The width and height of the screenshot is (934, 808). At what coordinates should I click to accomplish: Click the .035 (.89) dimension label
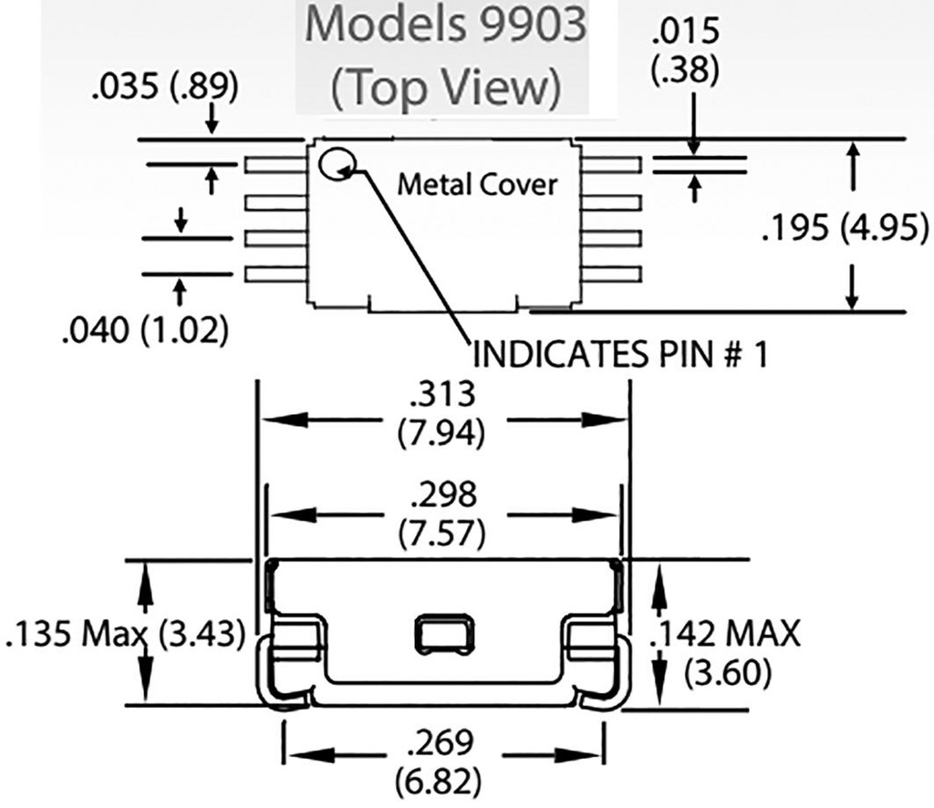click(164, 88)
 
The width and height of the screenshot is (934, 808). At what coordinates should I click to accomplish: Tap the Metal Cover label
click(477, 184)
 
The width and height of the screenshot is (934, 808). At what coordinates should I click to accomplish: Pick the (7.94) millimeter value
click(444, 431)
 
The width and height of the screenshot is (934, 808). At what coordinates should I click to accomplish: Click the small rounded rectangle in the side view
click(446, 632)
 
